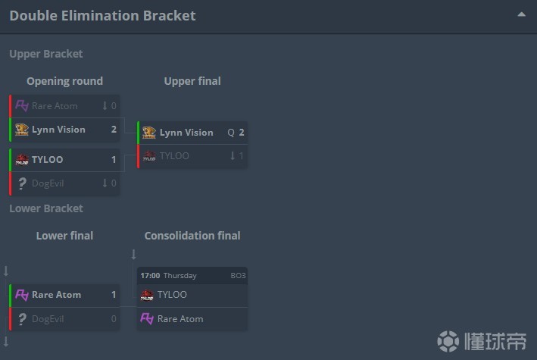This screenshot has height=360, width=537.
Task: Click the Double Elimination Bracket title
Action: click(x=102, y=15)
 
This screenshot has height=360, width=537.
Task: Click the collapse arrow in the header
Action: click(x=521, y=14)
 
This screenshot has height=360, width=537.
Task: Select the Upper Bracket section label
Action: click(x=46, y=54)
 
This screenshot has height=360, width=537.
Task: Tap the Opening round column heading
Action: click(x=64, y=81)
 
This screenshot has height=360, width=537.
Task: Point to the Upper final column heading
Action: click(x=192, y=81)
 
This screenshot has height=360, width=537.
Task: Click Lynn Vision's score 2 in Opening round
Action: click(x=114, y=130)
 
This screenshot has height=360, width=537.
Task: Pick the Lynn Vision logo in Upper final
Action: click(x=149, y=133)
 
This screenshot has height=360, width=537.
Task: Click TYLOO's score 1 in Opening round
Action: click(x=114, y=160)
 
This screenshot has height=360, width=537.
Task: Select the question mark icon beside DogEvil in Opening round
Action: click(x=22, y=183)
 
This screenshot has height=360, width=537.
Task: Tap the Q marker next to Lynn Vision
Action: click(x=231, y=133)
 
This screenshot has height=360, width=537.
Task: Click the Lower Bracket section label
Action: click(x=46, y=208)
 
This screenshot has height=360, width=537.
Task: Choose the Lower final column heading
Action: click(x=64, y=236)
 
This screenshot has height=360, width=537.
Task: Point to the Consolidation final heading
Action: click(x=192, y=236)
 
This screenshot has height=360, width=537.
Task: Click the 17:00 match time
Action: click(x=150, y=276)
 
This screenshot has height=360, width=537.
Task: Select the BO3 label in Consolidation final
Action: click(x=238, y=276)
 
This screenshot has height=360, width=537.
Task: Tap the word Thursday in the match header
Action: click(x=180, y=276)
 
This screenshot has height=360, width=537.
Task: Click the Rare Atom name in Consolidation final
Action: click(x=180, y=319)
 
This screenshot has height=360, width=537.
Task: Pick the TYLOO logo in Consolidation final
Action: click(x=147, y=295)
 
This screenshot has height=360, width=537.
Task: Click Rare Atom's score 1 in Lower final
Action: click(x=114, y=295)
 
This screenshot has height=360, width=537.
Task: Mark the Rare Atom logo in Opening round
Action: click(x=22, y=105)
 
